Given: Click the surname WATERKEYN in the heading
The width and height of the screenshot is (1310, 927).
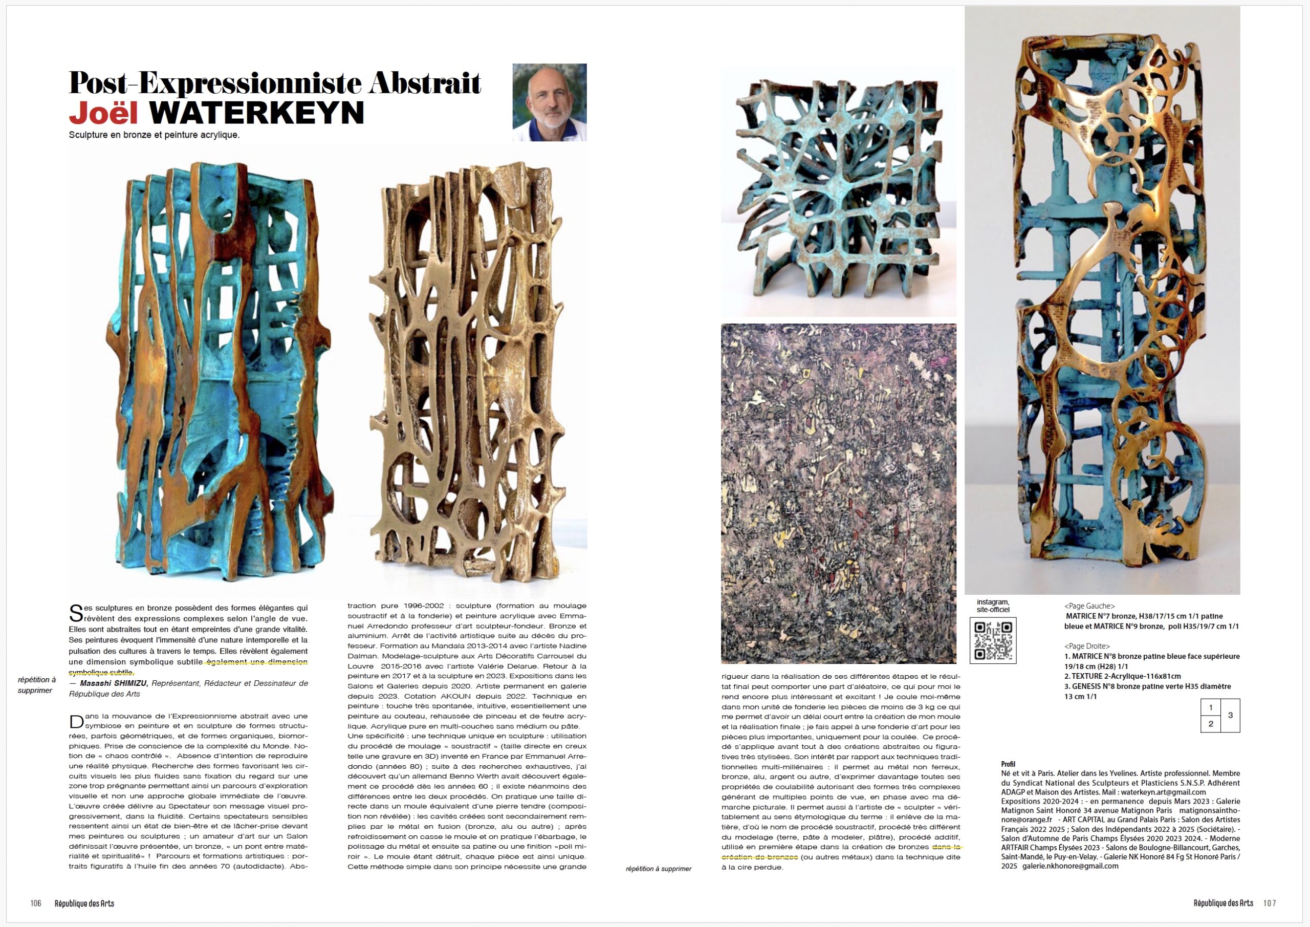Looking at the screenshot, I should tap(257, 113).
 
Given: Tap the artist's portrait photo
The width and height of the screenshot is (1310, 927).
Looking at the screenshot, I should tap(549, 102).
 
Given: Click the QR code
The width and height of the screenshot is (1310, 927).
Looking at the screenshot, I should tap(993, 640).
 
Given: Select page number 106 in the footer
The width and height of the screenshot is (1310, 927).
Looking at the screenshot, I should tap(36, 903).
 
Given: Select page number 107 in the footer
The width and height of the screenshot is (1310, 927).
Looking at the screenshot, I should tap(1270, 903).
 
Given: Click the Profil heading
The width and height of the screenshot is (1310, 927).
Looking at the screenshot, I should tap(1008, 764).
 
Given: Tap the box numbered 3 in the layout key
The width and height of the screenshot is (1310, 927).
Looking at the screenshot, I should tap(1230, 715).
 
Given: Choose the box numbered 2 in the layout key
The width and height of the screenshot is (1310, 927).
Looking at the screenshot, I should tap(1211, 724).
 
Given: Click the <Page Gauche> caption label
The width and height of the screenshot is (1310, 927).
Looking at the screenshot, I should tap(1089, 606).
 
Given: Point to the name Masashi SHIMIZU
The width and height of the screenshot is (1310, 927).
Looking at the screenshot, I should tap(114, 683).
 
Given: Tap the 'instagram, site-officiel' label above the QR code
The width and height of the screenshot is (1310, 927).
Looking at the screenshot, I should tap(993, 606).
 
